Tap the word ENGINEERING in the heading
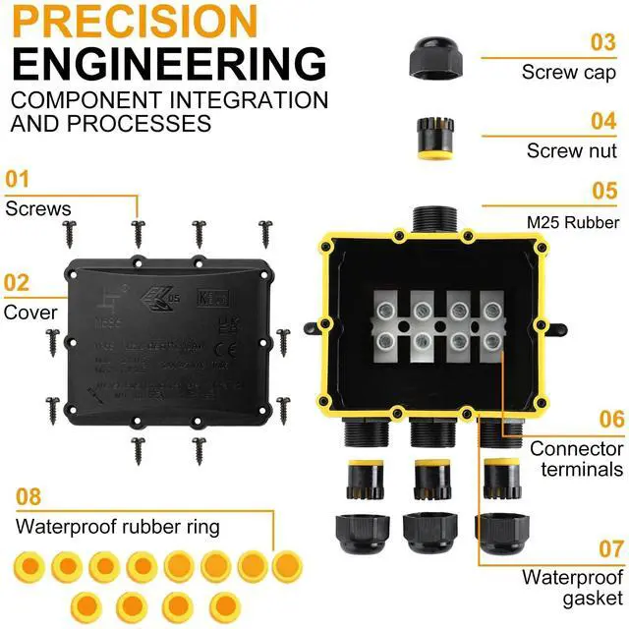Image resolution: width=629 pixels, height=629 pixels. [x=169, y=62]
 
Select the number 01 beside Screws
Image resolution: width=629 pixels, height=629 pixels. [x=18, y=180]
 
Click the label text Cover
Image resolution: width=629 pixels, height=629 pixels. [x=30, y=313]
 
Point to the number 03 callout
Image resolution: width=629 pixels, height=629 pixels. [x=602, y=42]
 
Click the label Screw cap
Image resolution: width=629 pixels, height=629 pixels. [x=570, y=72]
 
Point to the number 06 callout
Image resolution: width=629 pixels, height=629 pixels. [x=610, y=420]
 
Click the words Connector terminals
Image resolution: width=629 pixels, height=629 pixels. [x=577, y=459]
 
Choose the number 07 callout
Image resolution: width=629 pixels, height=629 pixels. [x=610, y=548]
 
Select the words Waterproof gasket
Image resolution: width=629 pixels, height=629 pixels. [x=572, y=587]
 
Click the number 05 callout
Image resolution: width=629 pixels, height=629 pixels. [x=603, y=192]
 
